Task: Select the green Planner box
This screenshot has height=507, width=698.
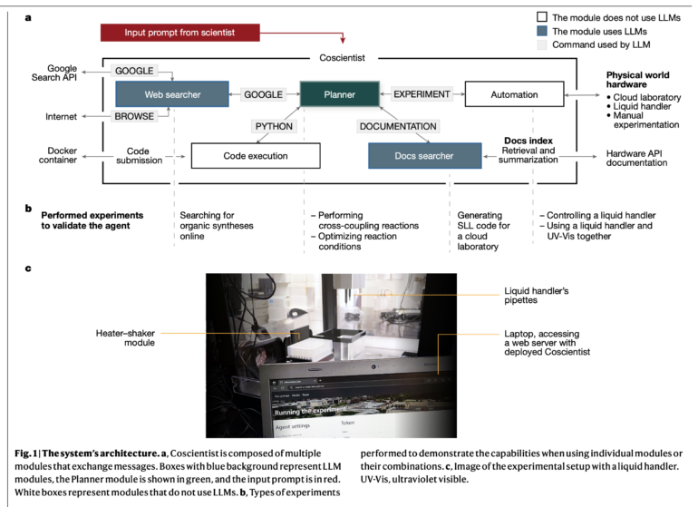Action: pos(337,93)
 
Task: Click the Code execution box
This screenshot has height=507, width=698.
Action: pos(242,155)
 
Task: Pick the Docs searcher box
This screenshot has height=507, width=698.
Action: pos(424,155)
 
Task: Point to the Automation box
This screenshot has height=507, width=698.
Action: pos(507,93)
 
